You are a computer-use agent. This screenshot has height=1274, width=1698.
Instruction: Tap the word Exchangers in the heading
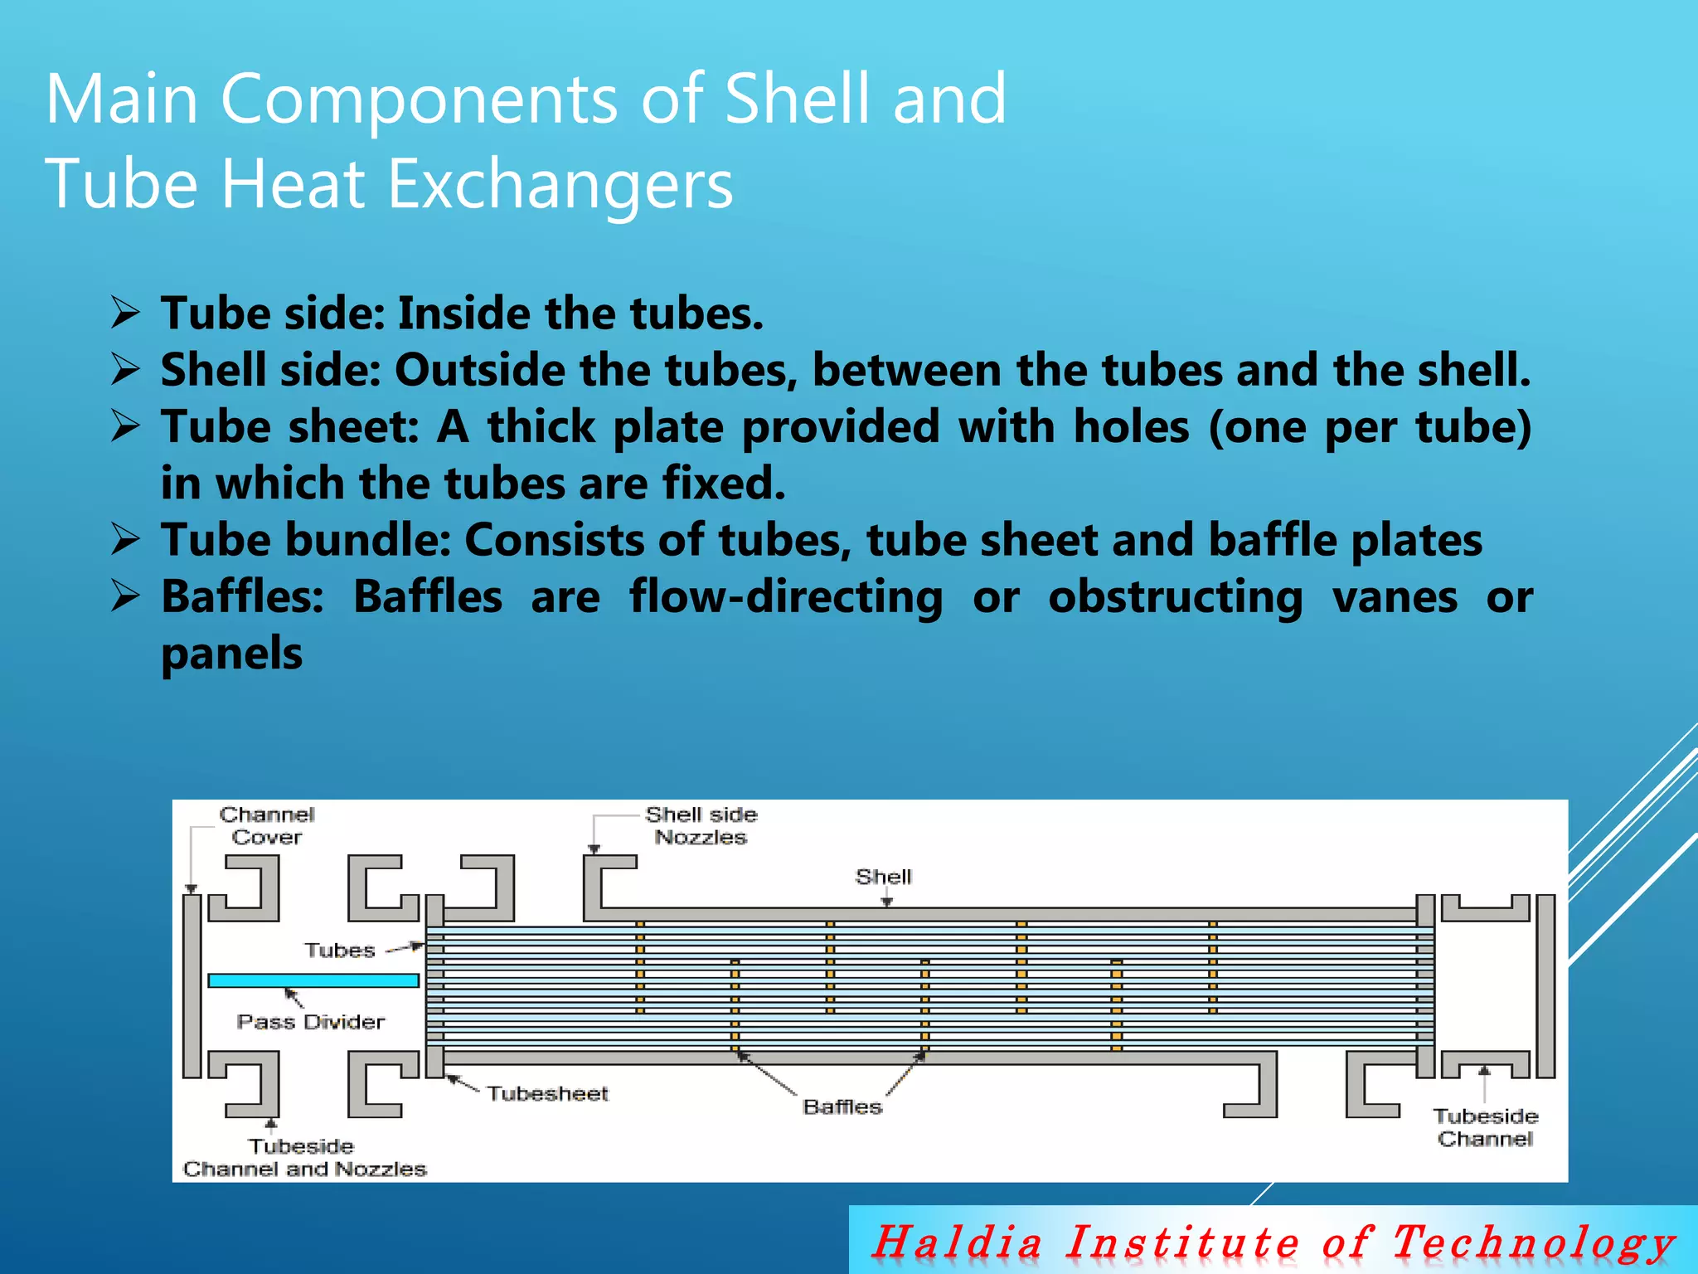[560, 184]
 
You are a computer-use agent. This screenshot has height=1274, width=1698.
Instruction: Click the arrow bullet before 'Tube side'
[125, 314]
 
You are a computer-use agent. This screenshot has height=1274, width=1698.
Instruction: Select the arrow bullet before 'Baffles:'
[125, 596]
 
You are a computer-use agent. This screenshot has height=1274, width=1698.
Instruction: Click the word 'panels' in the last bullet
[231, 654]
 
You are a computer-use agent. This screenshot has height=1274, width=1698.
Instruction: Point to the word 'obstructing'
[1174, 597]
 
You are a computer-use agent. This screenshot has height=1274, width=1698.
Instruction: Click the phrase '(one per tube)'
[1369, 427]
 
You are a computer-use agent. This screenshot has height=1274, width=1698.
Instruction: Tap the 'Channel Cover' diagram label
[266, 826]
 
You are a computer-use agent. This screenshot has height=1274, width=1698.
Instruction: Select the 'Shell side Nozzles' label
[701, 826]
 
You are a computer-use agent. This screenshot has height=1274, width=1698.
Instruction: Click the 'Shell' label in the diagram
[883, 877]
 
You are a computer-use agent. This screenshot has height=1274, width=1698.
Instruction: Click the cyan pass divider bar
[313, 980]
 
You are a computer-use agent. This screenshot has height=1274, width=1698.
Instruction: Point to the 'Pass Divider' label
[311, 1022]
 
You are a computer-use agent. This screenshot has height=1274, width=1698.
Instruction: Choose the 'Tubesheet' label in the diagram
[547, 1094]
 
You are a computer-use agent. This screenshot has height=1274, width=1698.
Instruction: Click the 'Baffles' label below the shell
[842, 1107]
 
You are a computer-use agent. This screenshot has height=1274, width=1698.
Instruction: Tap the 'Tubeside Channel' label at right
[1485, 1128]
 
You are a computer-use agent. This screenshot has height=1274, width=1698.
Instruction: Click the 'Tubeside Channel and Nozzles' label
[304, 1158]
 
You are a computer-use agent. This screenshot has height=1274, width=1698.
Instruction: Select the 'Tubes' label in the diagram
[339, 951]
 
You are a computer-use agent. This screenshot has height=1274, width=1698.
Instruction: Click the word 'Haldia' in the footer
[958, 1242]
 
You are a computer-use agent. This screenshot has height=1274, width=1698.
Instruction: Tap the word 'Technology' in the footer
[1533, 1242]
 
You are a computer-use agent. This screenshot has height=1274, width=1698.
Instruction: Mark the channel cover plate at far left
[192, 985]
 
